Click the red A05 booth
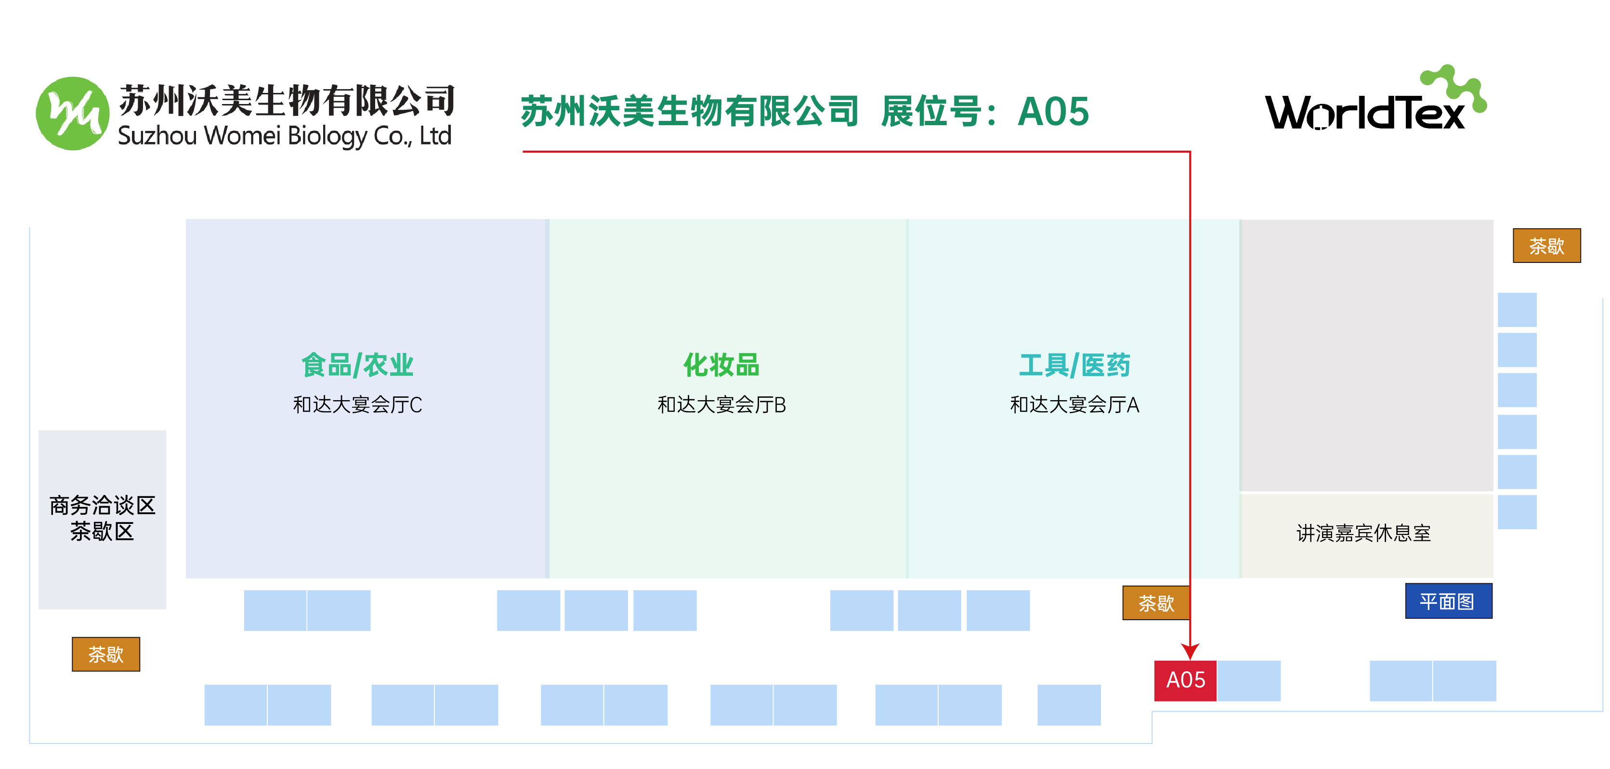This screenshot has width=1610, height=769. pyautogui.click(x=1185, y=680)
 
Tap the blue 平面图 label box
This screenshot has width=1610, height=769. pyautogui.click(x=1448, y=601)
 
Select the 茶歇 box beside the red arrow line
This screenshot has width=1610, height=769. pyautogui.click(x=1156, y=603)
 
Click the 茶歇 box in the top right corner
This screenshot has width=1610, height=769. pyautogui.click(x=1546, y=246)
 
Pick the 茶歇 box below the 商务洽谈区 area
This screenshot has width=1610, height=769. pyautogui.click(x=105, y=654)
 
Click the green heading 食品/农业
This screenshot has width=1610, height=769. pyautogui.click(x=357, y=365)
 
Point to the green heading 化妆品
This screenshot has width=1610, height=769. pyautogui.click(x=721, y=365)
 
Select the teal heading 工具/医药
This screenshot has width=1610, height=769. pyautogui.click(x=1074, y=365)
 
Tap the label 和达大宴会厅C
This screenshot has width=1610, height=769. pyautogui.click(x=357, y=405)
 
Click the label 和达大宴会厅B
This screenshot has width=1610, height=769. pyautogui.click(x=721, y=405)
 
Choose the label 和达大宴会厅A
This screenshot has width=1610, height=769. pyautogui.click(x=1074, y=405)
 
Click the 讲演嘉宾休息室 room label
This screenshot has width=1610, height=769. pyautogui.click(x=1364, y=533)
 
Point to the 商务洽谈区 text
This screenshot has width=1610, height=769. pyautogui.click(x=103, y=505)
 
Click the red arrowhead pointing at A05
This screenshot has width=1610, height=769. pyautogui.click(x=1190, y=651)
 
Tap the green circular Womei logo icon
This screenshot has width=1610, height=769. pyautogui.click(x=73, y=114)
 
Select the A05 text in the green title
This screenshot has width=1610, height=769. pyautogui.click(x=1053, y=112)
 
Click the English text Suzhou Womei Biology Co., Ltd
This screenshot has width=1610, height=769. pyautogui.click(x=284, y=136)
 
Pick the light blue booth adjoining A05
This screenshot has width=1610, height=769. pyautogui.click(x=1249, y=680)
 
